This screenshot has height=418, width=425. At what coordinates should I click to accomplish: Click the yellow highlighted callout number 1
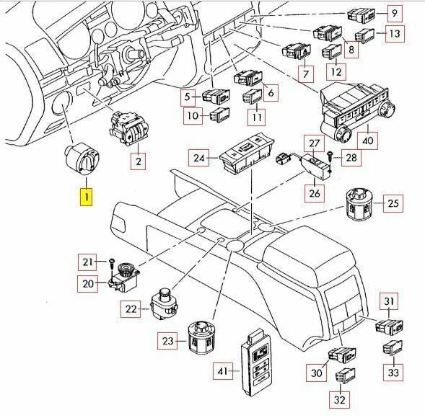(86, 196)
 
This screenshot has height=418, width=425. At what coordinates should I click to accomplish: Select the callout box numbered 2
(137, 161)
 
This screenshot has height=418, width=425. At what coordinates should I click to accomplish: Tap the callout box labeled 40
(367, 139)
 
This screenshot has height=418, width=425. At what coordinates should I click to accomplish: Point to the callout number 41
(224, 371)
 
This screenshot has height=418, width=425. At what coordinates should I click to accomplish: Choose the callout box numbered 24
(199, 156)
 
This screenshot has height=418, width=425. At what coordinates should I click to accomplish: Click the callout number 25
(393, 205)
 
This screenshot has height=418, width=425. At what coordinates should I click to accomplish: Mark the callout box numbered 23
(168, 340)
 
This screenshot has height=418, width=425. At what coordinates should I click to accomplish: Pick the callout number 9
(395, 13)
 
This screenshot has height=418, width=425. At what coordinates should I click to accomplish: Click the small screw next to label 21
(113, 260)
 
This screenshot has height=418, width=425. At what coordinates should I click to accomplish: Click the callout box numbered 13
(393, 33)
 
